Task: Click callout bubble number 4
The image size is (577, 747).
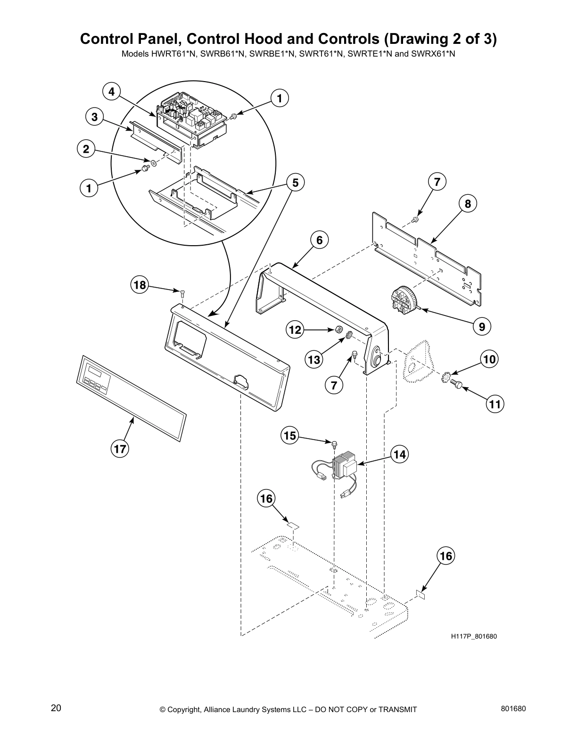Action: (x=112, y=91)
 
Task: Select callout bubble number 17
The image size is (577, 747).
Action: (x=120, y=448)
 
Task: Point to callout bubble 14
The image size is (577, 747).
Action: (x=399, y=454)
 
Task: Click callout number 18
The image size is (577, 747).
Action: (x=140, y=285)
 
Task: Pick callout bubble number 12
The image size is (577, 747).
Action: (x=295, y=330)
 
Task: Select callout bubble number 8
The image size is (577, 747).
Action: (x=468, y=204)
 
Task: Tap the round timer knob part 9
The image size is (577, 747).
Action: (x=403, y=299)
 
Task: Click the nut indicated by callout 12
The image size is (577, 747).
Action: (x=338, y=330)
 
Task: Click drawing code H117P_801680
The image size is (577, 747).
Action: (x=474, y=636)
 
